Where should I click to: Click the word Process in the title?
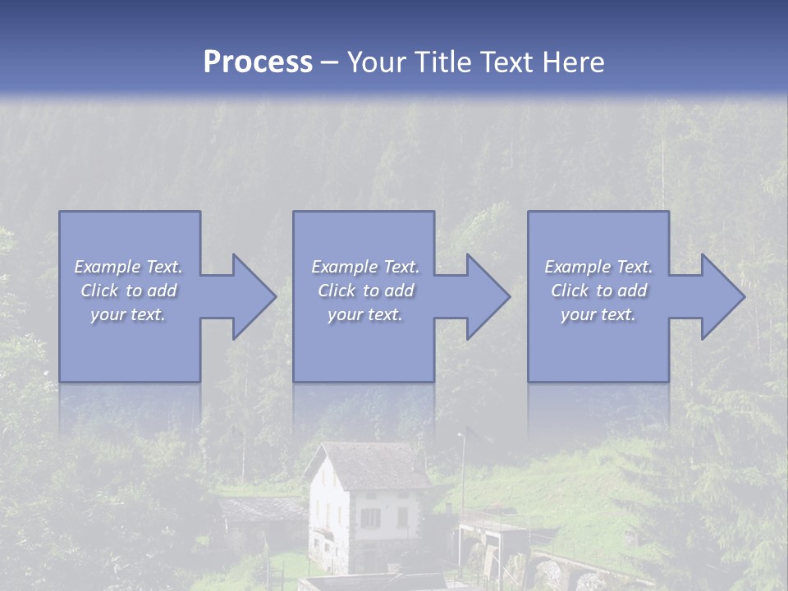(258, 62)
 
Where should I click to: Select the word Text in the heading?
(507, 62)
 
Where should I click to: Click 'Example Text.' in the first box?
(128, 267)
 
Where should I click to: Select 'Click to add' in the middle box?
(365, 291)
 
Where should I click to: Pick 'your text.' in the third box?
(598, 314)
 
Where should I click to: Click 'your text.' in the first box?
(128, 314)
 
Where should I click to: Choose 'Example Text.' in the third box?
(598, 267)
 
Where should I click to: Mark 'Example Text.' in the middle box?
(365, 267)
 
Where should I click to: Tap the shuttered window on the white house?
(371, 518)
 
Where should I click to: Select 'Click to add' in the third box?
(598, 291)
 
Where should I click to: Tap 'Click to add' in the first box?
(128, 291)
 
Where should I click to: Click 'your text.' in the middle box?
(365, 314)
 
